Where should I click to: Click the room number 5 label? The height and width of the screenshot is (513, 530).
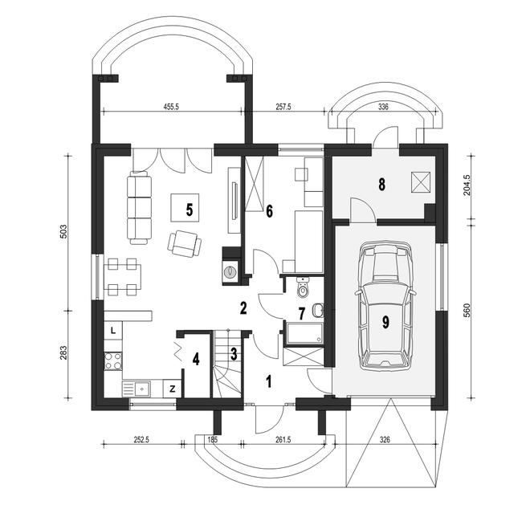(x=190, y=210)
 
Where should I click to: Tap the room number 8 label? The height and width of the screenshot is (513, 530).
(x=382, y=185)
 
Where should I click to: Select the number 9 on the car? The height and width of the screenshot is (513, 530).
(x=385, y=323)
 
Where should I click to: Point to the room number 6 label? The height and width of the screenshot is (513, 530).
(x=269, y=212)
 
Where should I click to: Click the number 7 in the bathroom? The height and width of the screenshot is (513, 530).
(x=302, y=312)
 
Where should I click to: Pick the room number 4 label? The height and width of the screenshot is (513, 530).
(x=195, y=357)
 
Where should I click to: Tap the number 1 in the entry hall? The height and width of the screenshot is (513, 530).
(x=269, y=381)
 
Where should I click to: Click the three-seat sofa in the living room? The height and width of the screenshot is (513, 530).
(x=141, y=209)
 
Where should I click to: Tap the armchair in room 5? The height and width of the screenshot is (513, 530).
(x=187, y=242)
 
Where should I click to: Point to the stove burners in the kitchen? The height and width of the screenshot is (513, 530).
(x=113, y=360)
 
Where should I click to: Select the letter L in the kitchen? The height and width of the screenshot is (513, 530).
(x=113, y=330)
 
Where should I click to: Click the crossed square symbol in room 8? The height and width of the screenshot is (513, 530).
(x=419, y=181)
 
